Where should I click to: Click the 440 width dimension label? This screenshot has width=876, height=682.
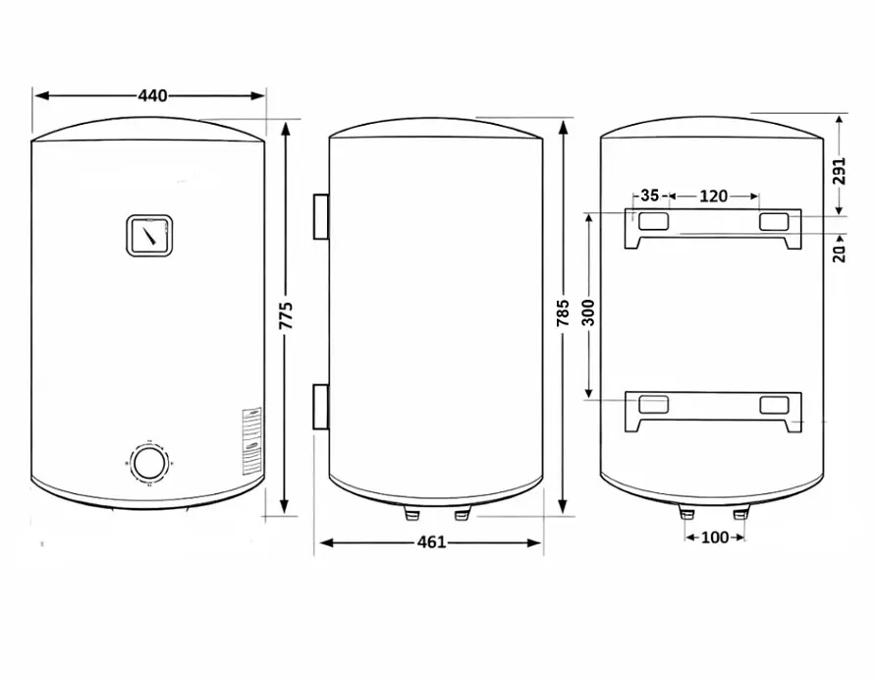click(152, 95)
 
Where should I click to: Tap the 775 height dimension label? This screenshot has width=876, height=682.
click(286, 315)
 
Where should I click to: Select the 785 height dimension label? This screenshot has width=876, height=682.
click(563, 313)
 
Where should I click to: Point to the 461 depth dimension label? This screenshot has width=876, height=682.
click(432, 542)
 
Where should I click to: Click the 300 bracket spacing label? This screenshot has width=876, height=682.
click(588, 313)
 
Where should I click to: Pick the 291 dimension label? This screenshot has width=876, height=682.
click(839, 171)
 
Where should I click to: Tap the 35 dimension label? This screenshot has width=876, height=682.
click(650, 196)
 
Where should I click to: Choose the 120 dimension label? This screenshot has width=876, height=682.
click(713, 196)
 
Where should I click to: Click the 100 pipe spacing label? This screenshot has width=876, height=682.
click(715, 538)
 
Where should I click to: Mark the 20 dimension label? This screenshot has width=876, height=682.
click(839, 254)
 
